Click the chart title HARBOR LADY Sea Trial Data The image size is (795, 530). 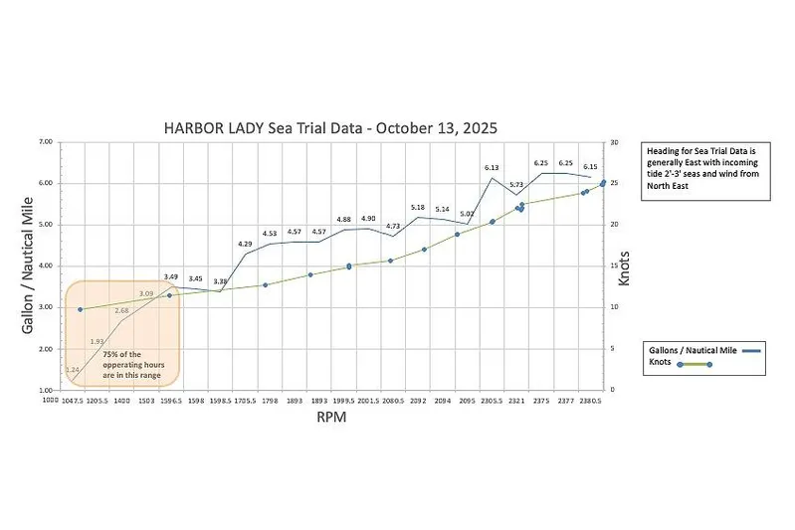pyautogui.click(x=329, y=128)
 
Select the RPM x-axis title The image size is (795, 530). pyautogui.click(x=330, y=419)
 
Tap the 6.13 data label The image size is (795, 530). pyautogui.click(x=493, y=168)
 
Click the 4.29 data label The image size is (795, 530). pyautogui.click(x=245, y=244)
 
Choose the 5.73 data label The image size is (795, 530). pyautogui.click(x=516, y=185)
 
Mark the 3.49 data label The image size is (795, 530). pyautogui.click(x=171, y=276)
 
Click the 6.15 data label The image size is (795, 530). pyautogui.click(x=590, y=167)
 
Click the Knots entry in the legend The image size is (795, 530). pyautogui.click(x=663, y=364)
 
